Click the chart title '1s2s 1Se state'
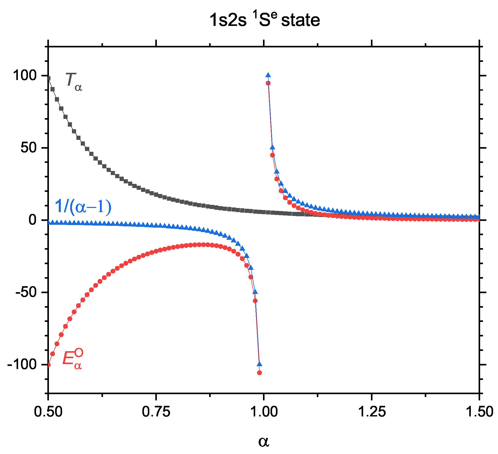click(x=265, y=20)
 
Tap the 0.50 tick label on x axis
click(x=48, y=412)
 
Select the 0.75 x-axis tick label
click(x=156, y=412)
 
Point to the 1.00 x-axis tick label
click(x=264, y=412)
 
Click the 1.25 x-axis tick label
click(x=371, y=412)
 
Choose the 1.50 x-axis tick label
click(x=479, y=412)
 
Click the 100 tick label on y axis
click(x=25, y=76)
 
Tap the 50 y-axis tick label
click(x=28, y=148)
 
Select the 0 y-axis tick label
click(x=33, y=220)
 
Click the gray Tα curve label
click(x=74, y=82)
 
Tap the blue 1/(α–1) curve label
click(x=83, y=207)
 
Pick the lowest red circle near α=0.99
click(x=259, y=373)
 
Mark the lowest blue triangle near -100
click(x=259, y=364)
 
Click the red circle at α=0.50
click(x=49, y=365)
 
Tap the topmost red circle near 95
click(x=268, y=83)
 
